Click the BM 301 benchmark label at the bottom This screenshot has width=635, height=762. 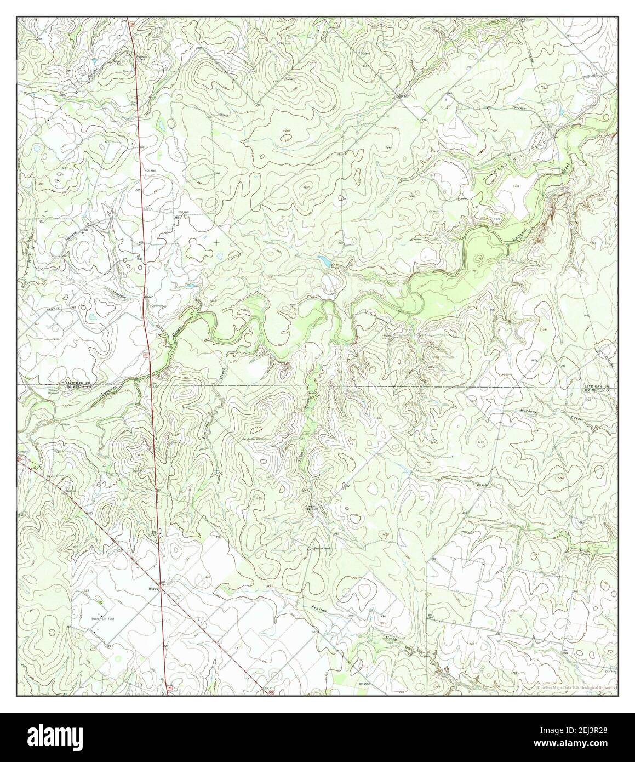pyautogui.click(x=267, y=687)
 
